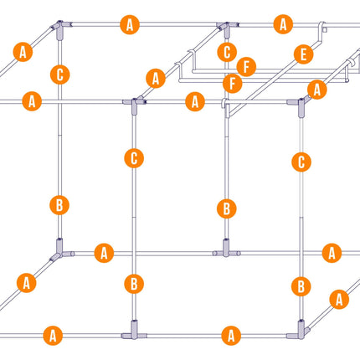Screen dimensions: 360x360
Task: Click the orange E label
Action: (x=303, y=54)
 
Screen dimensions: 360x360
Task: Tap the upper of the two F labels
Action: (x=246, y=67)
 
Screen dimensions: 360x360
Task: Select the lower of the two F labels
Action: (x=232, y=84)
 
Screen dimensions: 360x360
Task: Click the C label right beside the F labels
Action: (x=227, y=52)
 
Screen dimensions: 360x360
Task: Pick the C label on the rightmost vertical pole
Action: (x=301, y=162)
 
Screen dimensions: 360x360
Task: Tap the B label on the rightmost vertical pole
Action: (x=301, y=286)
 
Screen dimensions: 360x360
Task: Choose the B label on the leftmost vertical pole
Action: (x=59, y=205)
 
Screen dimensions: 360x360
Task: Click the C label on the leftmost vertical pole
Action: (x=60, y=75)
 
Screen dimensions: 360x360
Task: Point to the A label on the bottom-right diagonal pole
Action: (x=339, y=300)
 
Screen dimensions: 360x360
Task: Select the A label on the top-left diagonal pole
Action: (x=23, y=52)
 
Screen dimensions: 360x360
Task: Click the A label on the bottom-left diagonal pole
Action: (x=27, y=283)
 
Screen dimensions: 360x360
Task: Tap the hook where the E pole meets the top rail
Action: (x=322, y=28)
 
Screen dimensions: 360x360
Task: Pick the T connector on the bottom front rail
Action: (x=134, y=332)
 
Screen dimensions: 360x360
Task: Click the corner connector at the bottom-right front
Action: (x=300, y=331)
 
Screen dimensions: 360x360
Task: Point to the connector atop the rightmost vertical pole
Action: (x=301, y=105)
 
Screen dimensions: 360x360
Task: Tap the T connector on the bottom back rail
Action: (x=226, y=249)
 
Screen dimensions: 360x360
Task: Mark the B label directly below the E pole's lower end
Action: (x=227, y=209)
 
